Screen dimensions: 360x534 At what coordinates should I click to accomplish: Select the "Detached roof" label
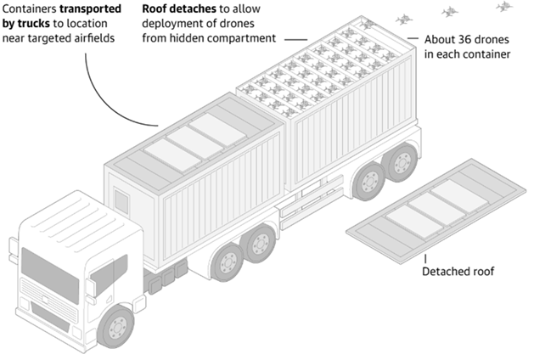(458, 273)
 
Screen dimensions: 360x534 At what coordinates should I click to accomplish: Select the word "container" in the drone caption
(485, 55)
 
